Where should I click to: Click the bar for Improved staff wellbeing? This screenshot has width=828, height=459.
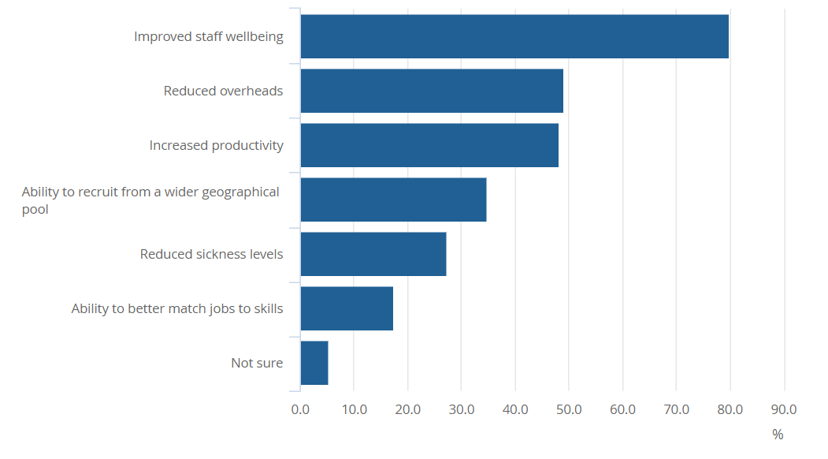pyautogui.click(x=514, y=36)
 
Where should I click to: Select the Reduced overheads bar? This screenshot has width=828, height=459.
pyautogui.click(x=432, y=91)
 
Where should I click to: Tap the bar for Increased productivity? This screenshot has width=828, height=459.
pyautogui.click(x=429, y=145)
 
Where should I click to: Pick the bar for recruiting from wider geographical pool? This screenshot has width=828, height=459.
pyautogui.click(x=393, y=200)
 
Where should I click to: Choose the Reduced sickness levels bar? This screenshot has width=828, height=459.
pyautogui.click(x=373, y=254)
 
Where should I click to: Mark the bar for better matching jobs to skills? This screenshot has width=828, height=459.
pyautogui.click(x=347, y=308)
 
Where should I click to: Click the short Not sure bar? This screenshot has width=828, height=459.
pyautogui.click(x=314, y=363)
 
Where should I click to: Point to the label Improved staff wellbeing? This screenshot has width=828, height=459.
pyautogui.click(x=208, y=36)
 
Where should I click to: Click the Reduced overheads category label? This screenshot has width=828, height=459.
pyautogui.click(x=223, y=91)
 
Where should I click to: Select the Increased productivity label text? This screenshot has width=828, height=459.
pyautogui.click(x=216, y=145)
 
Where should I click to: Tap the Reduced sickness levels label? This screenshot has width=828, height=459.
pyautogui.click(x=211, y=254)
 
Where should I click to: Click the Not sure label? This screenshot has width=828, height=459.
pyautogui.click(x=257, y=363)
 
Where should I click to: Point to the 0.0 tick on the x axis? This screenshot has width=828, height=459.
pyautogui.click(x=300, y=410)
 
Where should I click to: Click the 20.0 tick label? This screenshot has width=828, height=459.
pyautogui.click(x=407, y=410)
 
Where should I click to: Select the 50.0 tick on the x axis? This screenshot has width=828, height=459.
pyautogui.click(x=569, y=410)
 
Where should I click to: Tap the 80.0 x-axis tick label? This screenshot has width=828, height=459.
pyautogui.click(x=730, y=410)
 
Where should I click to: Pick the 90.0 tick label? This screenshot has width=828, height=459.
pyautogui.click(x=784, y=410)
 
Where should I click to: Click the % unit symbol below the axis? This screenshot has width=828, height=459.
pyautogui.click(x=778, y=435)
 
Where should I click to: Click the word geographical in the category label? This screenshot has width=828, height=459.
pyautogui.click(x=240, y=192)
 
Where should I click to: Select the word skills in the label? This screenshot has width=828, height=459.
pyautogui.click(x=265, y=308)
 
